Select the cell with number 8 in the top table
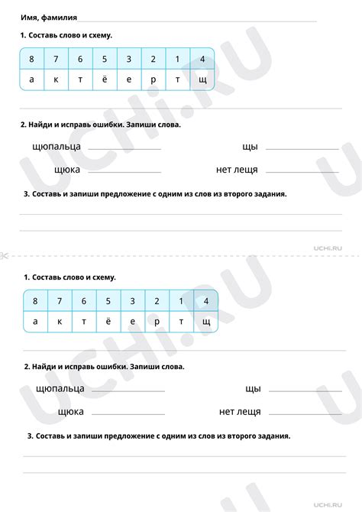31,59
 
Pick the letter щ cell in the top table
202,79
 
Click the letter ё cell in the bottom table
107,322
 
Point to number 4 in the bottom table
205,301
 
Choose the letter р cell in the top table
154,79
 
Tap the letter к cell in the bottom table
59,322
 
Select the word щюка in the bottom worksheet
70,412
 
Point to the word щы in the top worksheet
250,146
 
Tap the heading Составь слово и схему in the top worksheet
67,36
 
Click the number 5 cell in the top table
105,59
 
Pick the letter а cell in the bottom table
34,322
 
